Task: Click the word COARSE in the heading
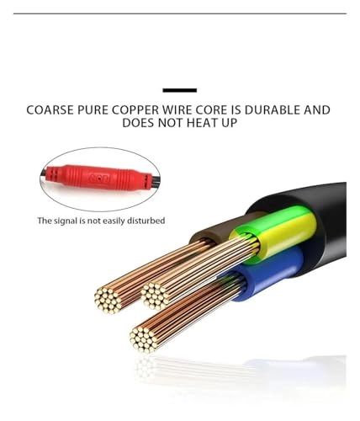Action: tap(51, 109)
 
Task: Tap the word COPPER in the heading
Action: tap(135, 109)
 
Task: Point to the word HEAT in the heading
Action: tap(202, 123)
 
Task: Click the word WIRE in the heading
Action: tap(177, 109)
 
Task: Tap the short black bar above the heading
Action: tap(180, 90)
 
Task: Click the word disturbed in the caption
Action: tap(146, 221)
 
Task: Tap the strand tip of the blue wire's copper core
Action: tap(144, 339)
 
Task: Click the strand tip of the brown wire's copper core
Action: tap(109, 300)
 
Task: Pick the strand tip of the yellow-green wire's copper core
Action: tap(155, 296)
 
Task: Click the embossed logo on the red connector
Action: tap(99, 178)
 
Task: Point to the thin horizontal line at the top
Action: tap(180, 13)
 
